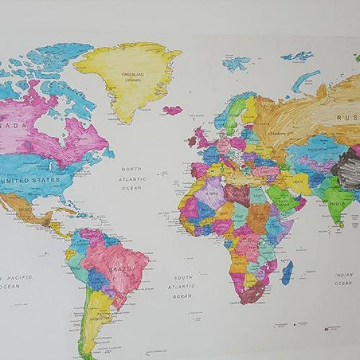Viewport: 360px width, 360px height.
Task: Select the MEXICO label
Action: coord(26,209)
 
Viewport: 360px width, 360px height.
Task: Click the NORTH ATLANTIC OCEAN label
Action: coord(131,178)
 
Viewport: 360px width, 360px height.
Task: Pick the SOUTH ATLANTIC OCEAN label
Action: coord(182,286)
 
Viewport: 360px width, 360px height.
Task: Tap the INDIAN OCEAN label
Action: coord(344,279)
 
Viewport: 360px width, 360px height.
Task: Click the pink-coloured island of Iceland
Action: coord(173,110)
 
